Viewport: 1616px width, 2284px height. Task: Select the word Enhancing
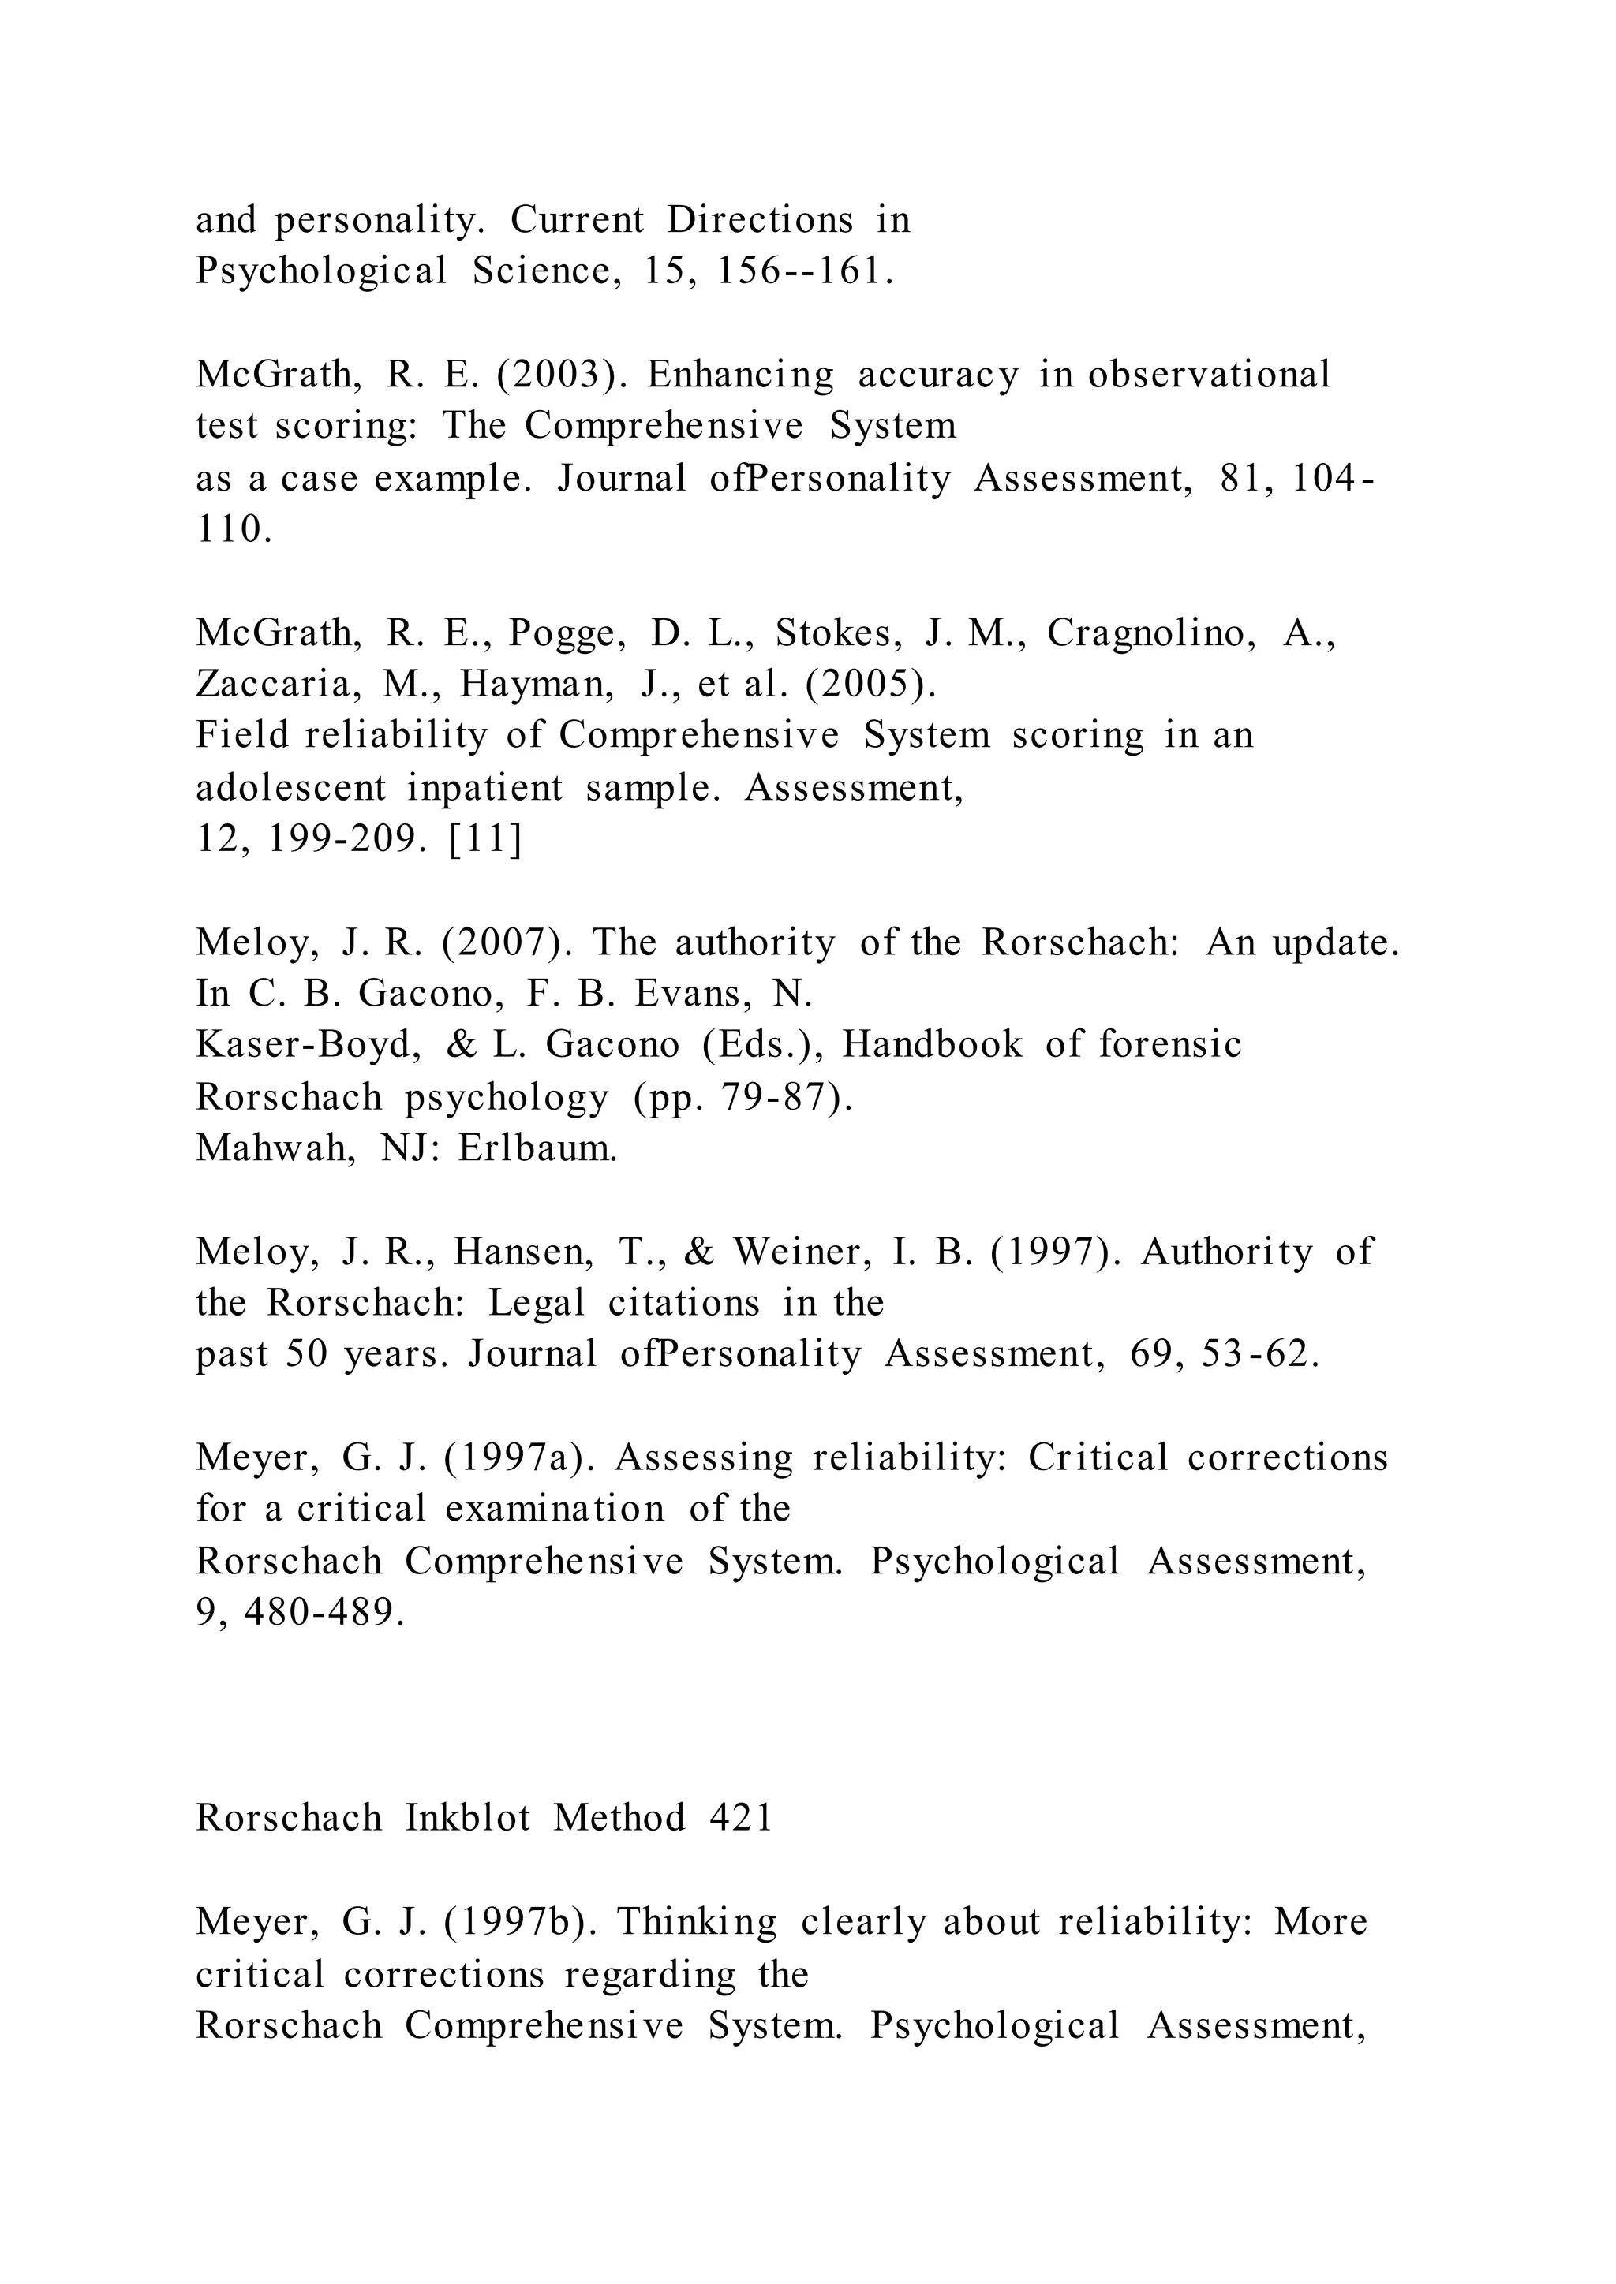(739, 375)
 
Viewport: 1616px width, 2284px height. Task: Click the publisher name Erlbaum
(537, 1148)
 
